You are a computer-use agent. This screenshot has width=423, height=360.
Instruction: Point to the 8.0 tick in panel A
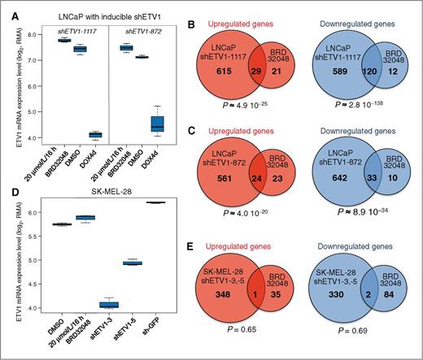click(x=33, y=35)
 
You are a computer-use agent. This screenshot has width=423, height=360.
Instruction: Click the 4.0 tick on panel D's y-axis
click(x=33, y=308)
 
